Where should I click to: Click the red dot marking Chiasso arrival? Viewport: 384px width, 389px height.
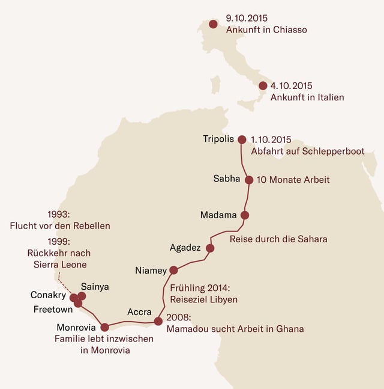(213, 25)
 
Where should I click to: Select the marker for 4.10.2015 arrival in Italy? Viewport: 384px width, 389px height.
(263, 86)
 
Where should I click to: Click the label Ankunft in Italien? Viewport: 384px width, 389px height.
(307, 97)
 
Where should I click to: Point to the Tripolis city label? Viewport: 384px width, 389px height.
(218, 139)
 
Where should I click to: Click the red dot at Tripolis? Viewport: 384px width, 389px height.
(242, 139)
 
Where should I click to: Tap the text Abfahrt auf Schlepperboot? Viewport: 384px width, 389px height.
(307, 151)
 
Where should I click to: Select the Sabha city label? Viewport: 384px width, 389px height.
(227, 179)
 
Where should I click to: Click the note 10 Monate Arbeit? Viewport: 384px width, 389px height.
(293, 179)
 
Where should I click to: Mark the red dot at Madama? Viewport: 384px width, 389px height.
(244, 215)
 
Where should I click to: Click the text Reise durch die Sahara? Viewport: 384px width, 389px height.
(278, 239)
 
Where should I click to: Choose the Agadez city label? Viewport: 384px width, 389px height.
(185, 247)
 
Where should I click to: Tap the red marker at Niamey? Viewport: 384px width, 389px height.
(173, 271)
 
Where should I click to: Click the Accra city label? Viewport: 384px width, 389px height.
(139, 312)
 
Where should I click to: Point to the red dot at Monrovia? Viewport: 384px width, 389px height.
(104, 327)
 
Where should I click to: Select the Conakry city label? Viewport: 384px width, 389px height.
(48, 295)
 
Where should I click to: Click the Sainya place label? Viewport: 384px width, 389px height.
(95, 287)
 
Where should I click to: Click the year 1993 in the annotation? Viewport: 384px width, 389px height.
(59, 215)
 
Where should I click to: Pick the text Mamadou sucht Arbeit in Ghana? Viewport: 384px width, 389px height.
(235, 329)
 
